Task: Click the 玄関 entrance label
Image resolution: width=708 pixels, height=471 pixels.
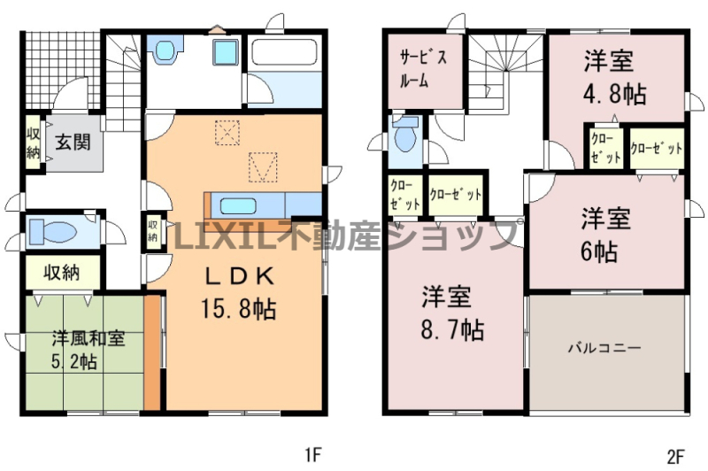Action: pos(73,143)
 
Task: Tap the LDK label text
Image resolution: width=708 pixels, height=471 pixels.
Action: pos(240,276)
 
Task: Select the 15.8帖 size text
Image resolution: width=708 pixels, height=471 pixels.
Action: pos(238,309)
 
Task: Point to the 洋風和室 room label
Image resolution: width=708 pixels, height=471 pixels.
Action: pos(88,338)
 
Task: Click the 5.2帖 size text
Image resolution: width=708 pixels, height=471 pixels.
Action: pos(73,361)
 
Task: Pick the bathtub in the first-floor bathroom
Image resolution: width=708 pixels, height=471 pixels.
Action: pos(284,52)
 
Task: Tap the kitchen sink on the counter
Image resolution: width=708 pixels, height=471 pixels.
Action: pos(238,206)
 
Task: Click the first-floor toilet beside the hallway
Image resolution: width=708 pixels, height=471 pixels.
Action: pos(53,232)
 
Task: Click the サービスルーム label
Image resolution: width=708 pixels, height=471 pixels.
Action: pos(423,69)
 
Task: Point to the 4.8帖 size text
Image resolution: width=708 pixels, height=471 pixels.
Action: pos(613,95)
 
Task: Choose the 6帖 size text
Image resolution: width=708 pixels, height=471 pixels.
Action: pos(599,251)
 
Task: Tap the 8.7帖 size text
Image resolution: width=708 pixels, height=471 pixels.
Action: pos(452,330)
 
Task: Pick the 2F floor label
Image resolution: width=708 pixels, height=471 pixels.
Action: pos(675,457)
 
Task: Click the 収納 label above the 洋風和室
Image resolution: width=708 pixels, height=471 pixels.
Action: pos(61,273)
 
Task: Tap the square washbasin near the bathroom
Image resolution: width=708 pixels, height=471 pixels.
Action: pos(226,51)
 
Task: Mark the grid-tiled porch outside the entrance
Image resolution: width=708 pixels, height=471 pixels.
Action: pos(60,69)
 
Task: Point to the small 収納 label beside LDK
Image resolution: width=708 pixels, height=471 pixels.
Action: pos(152,230)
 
